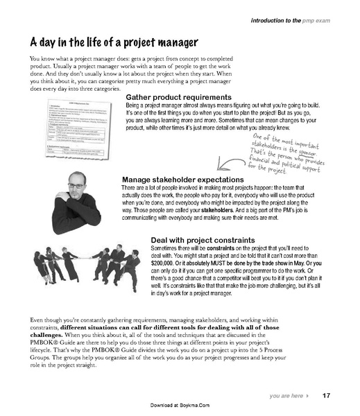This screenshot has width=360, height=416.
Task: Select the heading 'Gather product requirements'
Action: tap(178, 96)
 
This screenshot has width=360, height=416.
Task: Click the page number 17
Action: tap(327, 396)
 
